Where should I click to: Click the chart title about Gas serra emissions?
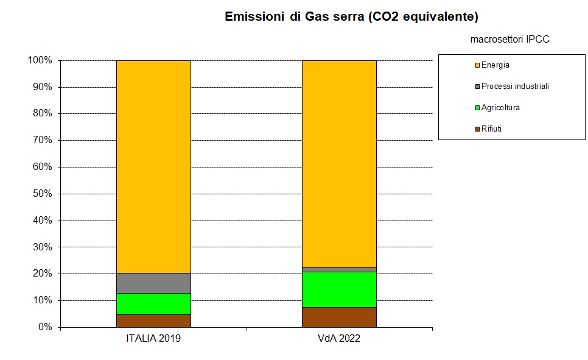tap(351, 16)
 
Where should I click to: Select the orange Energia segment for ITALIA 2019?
tap(153, 166)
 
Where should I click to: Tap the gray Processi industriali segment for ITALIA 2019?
tap(153, 283)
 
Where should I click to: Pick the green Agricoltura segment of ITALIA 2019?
tap(153, 303)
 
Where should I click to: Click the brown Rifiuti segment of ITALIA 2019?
tap(153, 320)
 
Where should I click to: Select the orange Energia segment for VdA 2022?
tap(340, 163)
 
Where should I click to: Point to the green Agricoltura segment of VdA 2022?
tap(340, 289)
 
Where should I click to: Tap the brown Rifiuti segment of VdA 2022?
tap(340, 317)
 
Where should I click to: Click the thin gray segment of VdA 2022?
tap(340, 269)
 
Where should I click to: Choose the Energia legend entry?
tap(495, 65)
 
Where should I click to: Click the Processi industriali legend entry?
tap(514, 86)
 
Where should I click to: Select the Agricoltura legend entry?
tap(500, 108)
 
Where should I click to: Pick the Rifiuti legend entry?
tap(491, 129)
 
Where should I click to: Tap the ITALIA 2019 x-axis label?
tap(153, 339)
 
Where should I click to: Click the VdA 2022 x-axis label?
tap(340, 339)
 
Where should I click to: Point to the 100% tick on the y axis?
tap(40, 60)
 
